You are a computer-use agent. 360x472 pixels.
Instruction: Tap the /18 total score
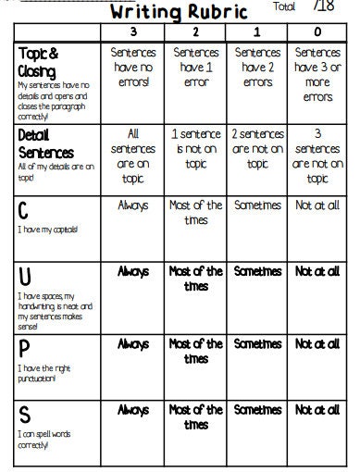tap(324, 7)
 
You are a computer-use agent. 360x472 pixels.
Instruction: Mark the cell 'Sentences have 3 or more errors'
tap(317, 75)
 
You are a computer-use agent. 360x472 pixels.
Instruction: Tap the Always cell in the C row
tap(132, 205)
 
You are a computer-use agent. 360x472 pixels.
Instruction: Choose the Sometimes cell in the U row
tap(256, 271)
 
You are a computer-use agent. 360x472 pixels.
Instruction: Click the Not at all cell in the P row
tap(317, 343)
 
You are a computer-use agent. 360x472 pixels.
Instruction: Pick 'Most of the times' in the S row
tap(195, 416)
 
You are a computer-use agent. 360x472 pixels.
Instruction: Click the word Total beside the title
tap(285, 6)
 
